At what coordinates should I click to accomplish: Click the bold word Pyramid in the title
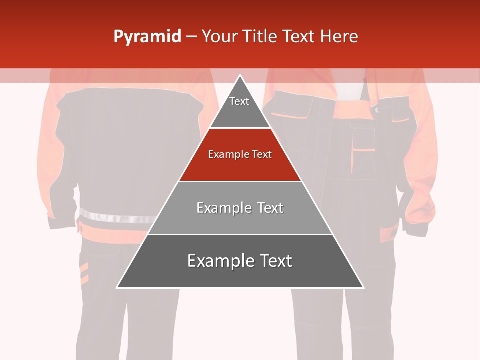147,37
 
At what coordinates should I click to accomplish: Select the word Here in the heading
338,37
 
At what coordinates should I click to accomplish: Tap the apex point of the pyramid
240,75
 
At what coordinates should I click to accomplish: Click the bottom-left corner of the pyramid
117,287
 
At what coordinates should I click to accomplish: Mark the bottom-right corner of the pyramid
363,287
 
